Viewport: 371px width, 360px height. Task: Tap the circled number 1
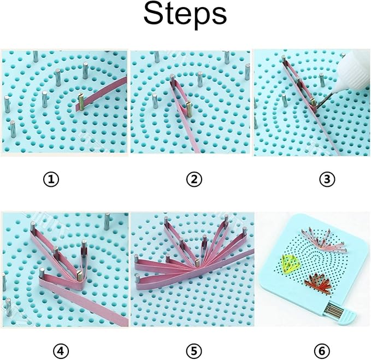point(51,179)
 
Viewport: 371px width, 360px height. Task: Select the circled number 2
point(194,179)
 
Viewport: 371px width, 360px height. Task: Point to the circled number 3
point(327,179)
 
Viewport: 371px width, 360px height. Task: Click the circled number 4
point(61,351)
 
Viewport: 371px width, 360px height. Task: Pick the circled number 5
point(194,351)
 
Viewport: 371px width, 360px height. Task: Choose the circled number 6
point(322,351)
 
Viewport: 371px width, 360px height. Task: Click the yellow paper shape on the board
point(290,265)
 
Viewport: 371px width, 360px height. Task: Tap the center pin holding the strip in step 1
point(81,102)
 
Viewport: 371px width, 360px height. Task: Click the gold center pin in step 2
point(189,109)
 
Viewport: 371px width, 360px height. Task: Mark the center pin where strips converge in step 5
point(197,263)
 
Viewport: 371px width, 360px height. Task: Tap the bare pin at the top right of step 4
point(107,221)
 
